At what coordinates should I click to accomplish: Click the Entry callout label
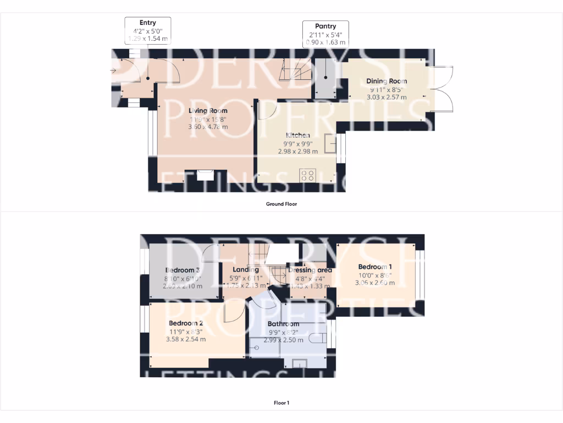tap(148, 30)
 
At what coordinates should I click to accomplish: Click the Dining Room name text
tap(387, 81)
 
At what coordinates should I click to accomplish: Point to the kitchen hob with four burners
tap(308, 176)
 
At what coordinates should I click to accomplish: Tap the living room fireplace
tap(206, 174)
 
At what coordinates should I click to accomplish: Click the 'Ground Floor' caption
tap(281, 204)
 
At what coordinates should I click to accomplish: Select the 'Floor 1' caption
tap(281, 403)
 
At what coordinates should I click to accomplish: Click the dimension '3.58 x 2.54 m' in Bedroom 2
tap(186, 339)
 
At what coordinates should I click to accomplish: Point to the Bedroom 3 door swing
tap(211, 254)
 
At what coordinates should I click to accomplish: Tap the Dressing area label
tap(310, 270)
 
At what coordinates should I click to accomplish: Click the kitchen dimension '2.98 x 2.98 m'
tap(297, 151)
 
